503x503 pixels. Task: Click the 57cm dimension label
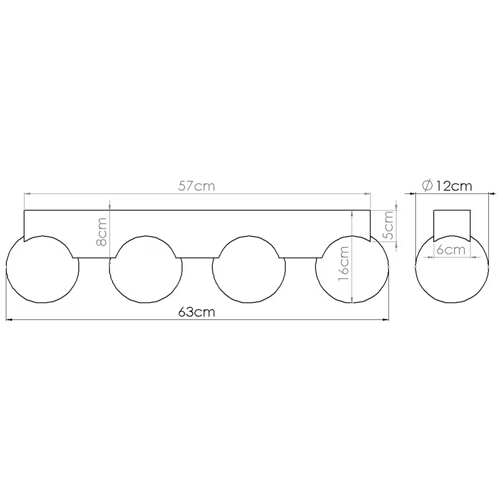196,186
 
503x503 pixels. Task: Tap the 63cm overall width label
196,312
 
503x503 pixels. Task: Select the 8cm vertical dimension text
101,232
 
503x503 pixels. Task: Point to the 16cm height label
344,263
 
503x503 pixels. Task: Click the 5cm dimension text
388,226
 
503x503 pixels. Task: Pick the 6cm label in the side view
451,250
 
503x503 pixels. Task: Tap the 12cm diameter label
454,186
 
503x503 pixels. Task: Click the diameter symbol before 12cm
427,186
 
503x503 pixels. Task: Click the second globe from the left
145,303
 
